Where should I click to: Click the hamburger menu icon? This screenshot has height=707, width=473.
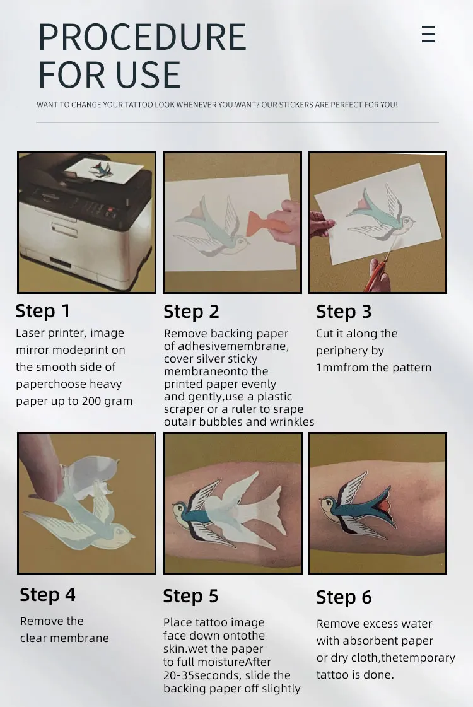pos(428,34)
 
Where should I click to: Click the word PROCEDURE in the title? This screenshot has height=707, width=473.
pos(143,37)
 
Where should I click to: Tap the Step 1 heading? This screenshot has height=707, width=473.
pos(42,311)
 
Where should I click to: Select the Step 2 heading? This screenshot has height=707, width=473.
pos(191,312)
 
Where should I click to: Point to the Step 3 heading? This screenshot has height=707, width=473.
pos(344,312)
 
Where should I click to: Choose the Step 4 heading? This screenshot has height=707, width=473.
pos(47,595)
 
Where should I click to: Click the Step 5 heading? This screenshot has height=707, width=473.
pos(190,596)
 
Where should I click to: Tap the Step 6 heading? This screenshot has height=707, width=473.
pos(344,597)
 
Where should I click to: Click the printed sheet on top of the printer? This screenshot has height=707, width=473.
pos(103,170)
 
